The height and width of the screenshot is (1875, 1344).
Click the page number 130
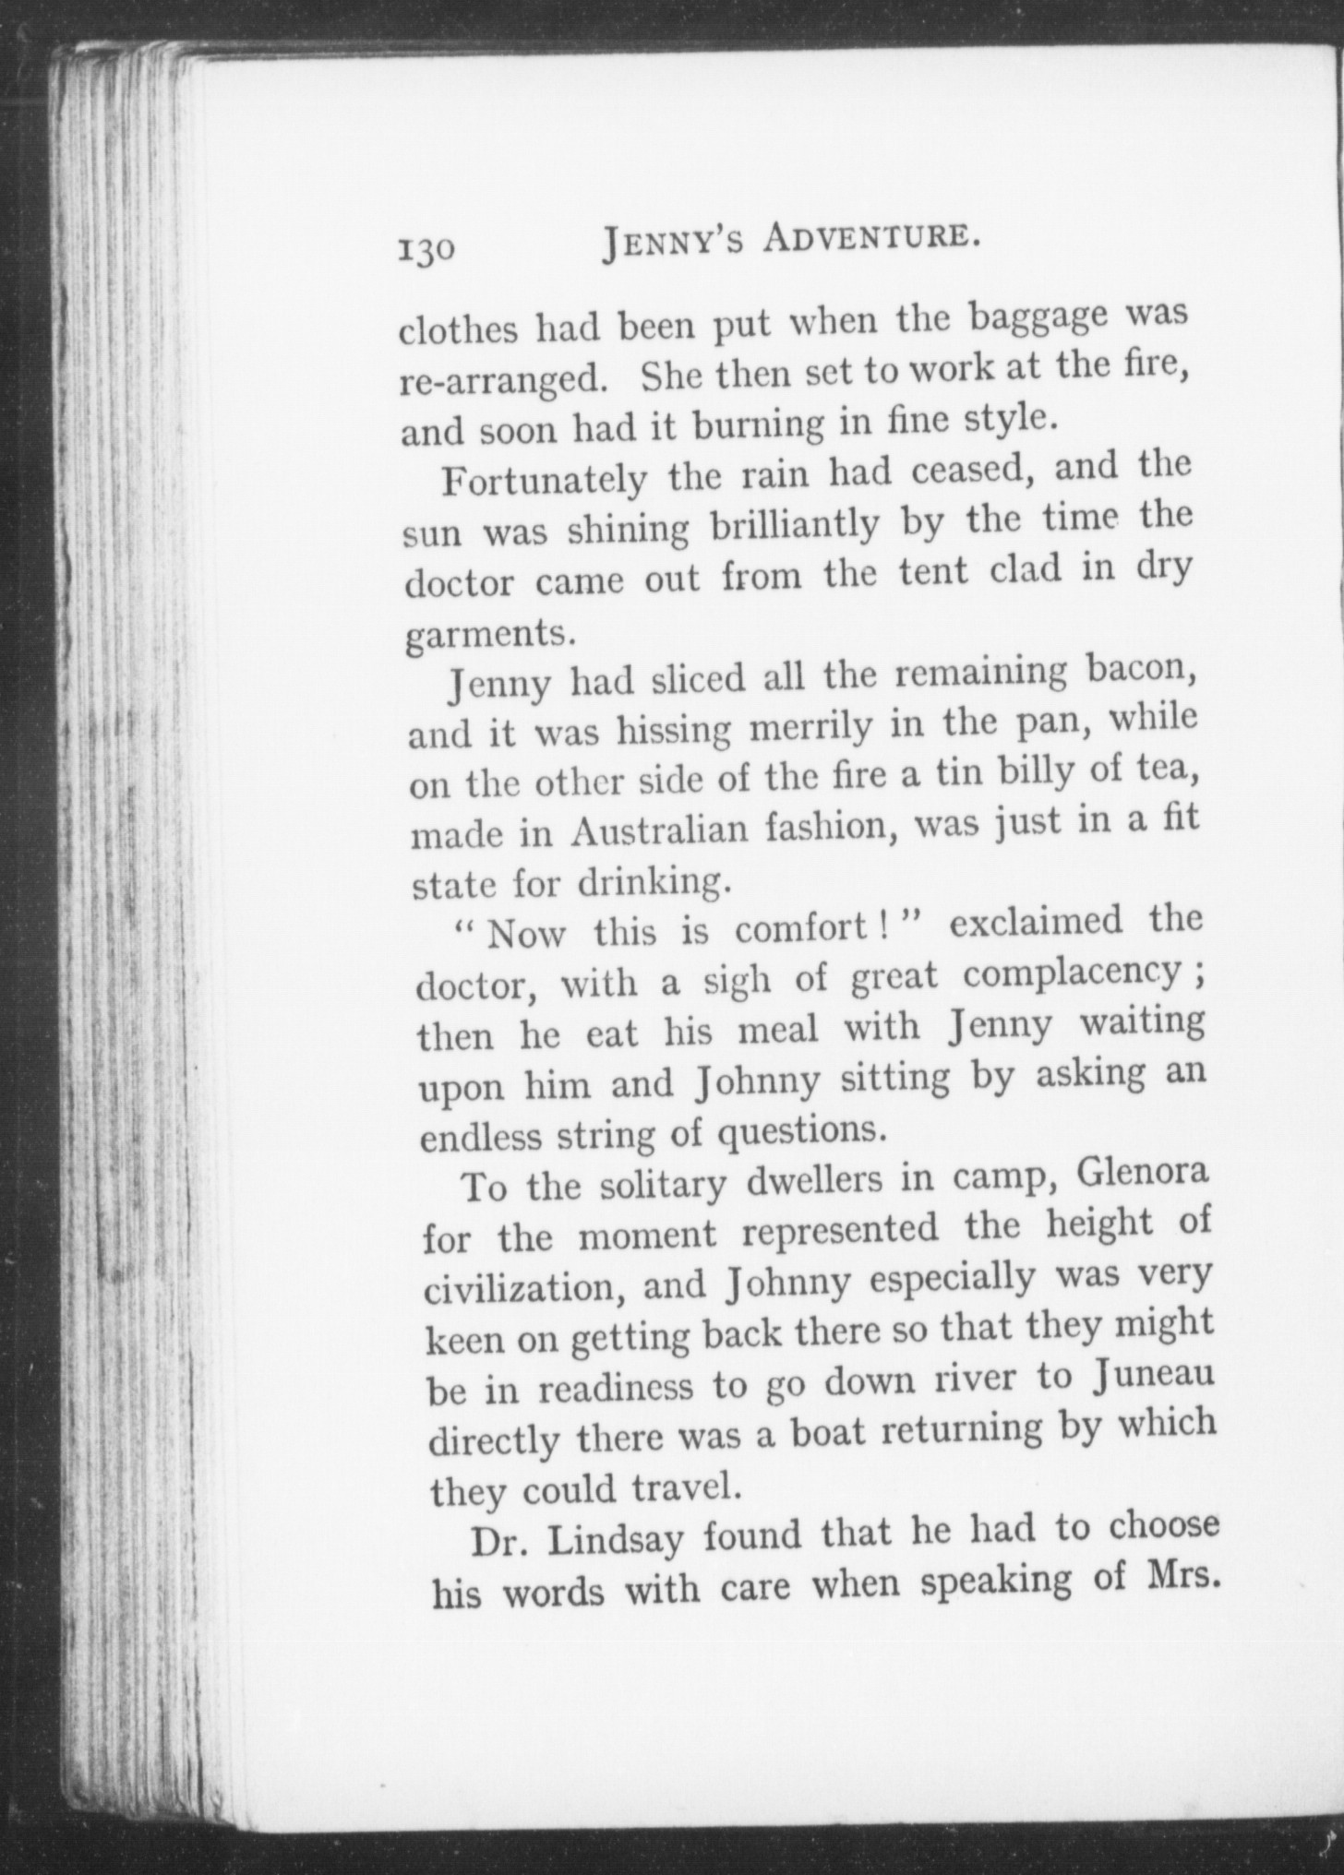point(426,250)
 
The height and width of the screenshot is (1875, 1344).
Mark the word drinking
point(654,882)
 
